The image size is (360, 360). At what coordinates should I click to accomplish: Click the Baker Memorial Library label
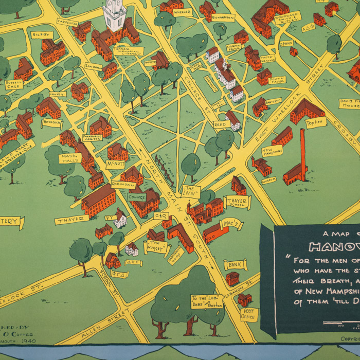133,51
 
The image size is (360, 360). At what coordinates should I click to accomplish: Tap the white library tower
114,15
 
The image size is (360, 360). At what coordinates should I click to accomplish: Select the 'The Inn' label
190,190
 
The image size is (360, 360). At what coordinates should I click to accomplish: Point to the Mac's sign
231,225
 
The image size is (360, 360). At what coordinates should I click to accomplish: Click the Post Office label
249,314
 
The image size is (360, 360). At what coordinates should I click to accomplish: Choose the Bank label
235,265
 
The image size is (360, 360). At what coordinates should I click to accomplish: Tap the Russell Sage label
14,84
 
